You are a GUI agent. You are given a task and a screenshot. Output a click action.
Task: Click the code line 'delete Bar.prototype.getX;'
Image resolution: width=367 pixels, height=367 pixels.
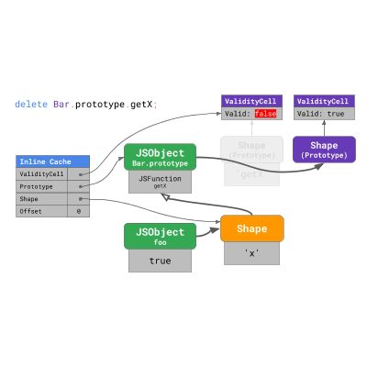click(86, 105)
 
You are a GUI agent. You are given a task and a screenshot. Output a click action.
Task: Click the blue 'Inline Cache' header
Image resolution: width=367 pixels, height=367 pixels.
click(52, 161)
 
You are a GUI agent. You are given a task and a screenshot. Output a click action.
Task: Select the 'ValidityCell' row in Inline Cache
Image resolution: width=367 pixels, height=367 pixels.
click(46, 172)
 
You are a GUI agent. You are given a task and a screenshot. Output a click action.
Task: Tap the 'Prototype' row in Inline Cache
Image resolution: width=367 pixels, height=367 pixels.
click(46, 185)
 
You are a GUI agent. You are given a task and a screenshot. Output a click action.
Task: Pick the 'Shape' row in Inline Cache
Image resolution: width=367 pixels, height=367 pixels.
click(46, 198)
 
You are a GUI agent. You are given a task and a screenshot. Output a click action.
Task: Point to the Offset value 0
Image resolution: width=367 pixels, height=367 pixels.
click(78, 211)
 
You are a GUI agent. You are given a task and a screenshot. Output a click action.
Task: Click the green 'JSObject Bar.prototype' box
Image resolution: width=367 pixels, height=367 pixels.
click(160, 157)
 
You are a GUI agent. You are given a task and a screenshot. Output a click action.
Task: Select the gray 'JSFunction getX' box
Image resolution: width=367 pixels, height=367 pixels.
click(160, 182)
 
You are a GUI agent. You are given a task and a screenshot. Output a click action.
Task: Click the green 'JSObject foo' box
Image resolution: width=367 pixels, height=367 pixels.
click(160, 236)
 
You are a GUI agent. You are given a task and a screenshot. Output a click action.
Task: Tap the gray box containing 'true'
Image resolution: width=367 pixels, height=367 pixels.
click(160, 261)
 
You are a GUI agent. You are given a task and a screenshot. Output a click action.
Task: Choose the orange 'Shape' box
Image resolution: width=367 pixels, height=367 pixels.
click(252, 228)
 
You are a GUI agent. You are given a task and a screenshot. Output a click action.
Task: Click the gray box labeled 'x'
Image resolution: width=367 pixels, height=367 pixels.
click(252, 252)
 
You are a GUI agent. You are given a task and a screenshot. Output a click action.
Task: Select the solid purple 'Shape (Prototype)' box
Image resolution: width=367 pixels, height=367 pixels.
click(324, 150)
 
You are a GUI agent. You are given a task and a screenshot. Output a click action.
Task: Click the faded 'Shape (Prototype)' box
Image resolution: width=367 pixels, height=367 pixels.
click(252, 150)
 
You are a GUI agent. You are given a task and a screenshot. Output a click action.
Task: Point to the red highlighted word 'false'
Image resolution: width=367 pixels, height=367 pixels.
click(265, 114)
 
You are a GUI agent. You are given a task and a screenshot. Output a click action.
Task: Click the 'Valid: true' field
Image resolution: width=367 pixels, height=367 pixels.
click(324, 114)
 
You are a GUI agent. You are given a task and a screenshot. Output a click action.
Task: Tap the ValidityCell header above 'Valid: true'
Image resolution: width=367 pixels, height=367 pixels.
click(324, 101)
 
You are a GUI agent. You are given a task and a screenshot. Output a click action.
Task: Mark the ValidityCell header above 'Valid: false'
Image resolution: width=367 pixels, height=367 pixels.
click(252, 101)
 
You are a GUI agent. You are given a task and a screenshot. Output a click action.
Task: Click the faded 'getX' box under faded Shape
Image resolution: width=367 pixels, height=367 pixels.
click(252, 173)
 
